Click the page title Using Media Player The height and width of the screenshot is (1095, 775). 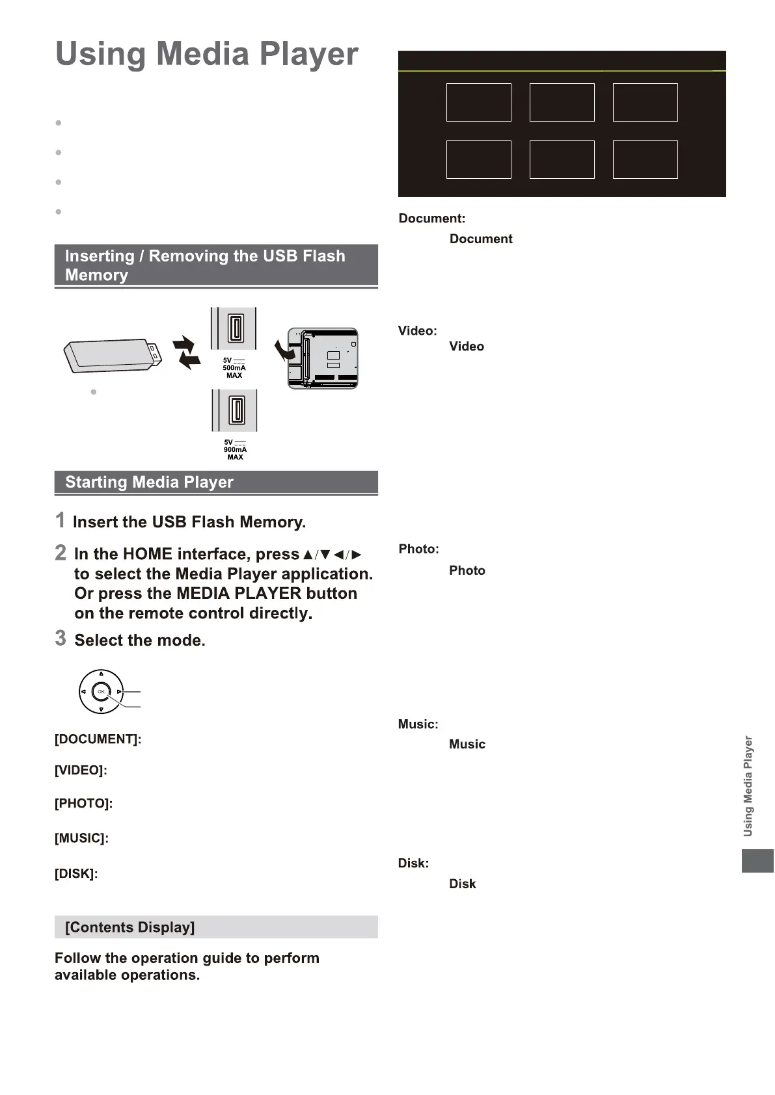pos(206,54)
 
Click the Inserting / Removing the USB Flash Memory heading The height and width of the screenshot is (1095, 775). pos(205,265)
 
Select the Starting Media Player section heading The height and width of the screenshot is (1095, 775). pos(149,482)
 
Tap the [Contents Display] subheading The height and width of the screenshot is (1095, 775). pos(129,927)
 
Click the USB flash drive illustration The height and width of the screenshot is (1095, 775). pos(112,355)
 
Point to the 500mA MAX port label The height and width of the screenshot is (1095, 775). pos(234,368)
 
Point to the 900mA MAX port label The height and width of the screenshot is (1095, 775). pos(235,450)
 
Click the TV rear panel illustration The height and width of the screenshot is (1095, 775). pos(323,358)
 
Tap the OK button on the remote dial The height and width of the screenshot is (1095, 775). pos(101,692)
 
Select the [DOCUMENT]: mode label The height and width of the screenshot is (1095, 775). pos(98,739)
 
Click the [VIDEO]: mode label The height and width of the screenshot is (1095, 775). pos(81,771)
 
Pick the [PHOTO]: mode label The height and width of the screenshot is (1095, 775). pos(83,804)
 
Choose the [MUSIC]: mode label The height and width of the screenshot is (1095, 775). pos(81,838)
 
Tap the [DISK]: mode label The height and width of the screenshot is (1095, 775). pos(76,874)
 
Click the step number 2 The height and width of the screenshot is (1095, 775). pos(61,553)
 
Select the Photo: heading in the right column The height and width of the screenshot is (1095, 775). pos(418,549)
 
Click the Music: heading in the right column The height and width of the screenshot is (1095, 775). pos(418,724)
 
